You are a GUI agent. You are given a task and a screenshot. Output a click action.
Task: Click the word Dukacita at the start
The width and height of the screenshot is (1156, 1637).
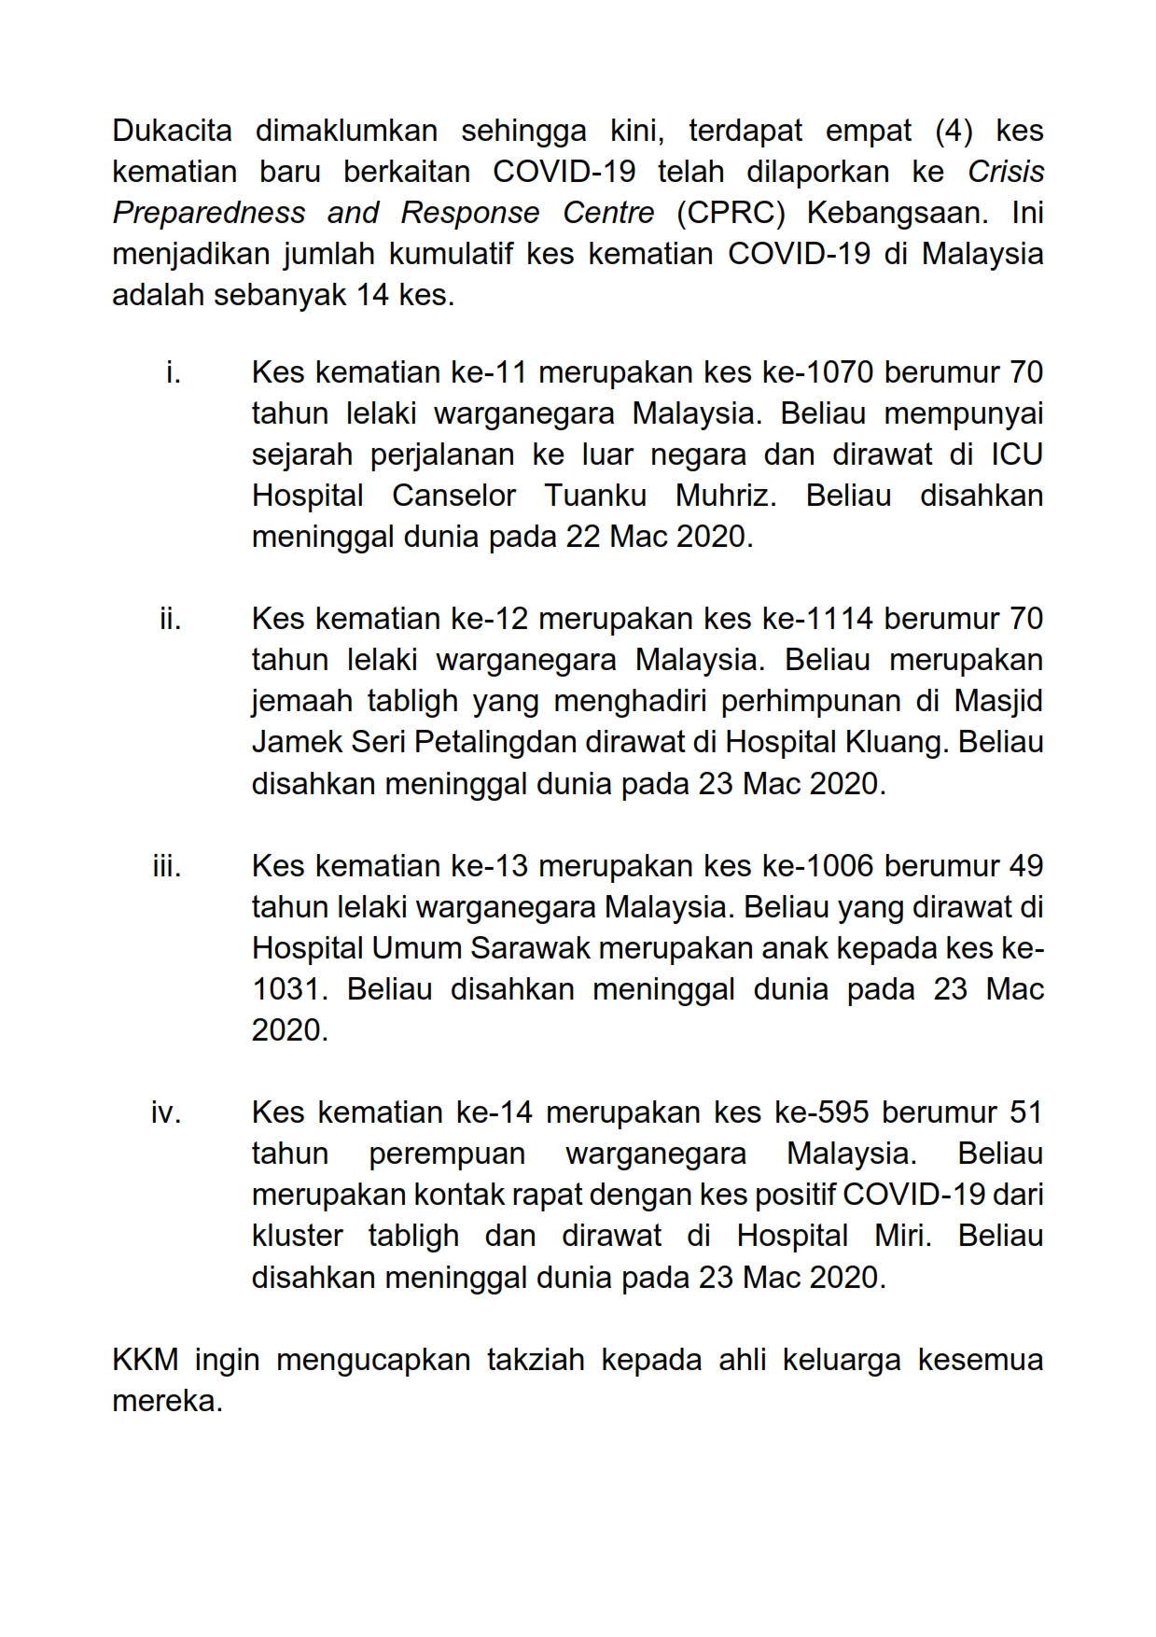pos(172,131)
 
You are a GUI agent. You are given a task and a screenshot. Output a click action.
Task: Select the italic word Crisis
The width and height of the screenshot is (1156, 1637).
pos(1005,172)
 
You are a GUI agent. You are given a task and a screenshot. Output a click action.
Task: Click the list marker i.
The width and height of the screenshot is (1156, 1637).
pos(173,372)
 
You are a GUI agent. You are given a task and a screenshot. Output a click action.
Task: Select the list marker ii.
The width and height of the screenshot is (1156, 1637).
pos(170,619)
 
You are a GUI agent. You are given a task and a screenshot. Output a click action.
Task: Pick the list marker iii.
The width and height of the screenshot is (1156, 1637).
pos(167,866)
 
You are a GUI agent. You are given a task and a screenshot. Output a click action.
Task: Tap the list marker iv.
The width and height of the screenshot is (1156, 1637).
pos(166,1112)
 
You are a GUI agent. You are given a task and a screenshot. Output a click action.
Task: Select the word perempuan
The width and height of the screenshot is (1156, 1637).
pos(447,1154)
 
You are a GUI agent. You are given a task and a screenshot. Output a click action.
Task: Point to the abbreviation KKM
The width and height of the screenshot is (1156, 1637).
pos(145,1360)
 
